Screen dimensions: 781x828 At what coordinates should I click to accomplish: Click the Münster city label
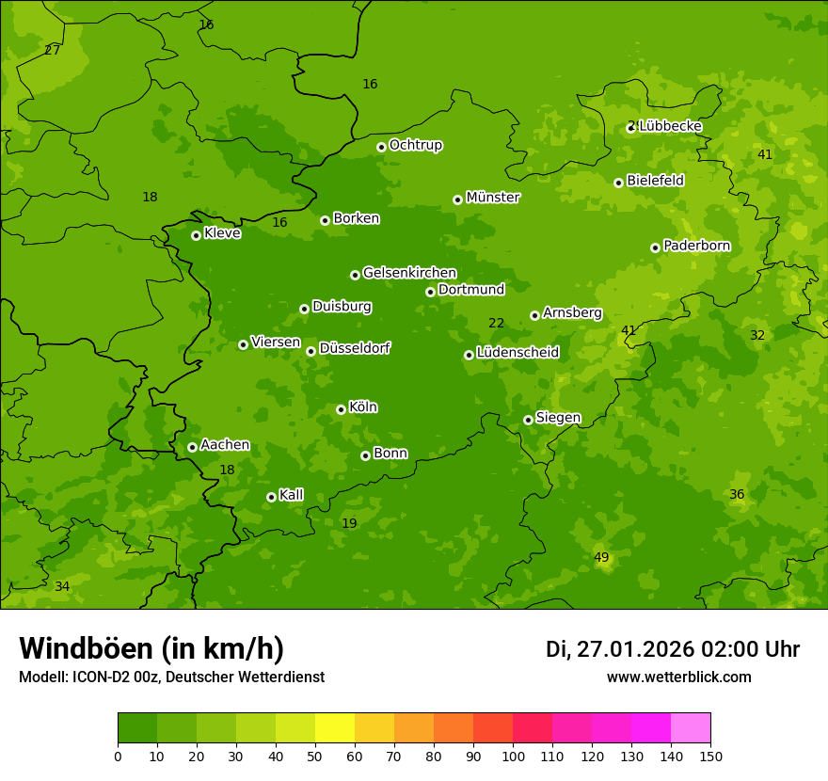pyautogui.click(x=492, y=198)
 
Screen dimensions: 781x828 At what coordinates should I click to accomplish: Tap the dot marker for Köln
pyautogui.click(x=341, y=409)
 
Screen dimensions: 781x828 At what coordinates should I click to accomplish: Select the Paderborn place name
pyautogui.click(x=696, y=246)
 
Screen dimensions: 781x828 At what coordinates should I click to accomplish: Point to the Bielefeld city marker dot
pyautogui.click(x=618, y=183)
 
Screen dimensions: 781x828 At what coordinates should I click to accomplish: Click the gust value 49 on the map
pyautogui.click(x=601, y=558)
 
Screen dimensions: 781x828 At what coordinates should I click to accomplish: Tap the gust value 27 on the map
pyautogui.click(x=52, y=51)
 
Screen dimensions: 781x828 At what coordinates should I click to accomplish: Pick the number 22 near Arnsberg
pyautogui.click(x=496, y=324)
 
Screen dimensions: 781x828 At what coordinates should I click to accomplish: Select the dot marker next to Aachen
pyautogui.click(x=192, y=447)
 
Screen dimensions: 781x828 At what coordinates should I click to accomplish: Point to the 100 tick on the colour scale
pyautogui.click(x=513, y=756)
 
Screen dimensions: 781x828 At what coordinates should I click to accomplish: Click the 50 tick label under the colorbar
pyautogui.click(x=315, y=756)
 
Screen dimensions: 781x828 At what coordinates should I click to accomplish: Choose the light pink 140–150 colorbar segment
pyautogui.click(x=691, y=728)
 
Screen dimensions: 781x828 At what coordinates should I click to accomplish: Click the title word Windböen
pyautogui.click(x=86, y=648)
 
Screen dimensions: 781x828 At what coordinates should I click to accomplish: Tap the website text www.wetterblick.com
pyautogui.click(x=678, y=677)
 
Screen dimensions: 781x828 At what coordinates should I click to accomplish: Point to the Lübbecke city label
pyautogui.click(x=669, y=126)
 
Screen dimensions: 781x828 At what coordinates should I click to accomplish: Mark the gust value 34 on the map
pyautogui.click(x=62, y=587)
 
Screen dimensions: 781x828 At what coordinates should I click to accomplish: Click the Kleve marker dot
pyautogui.click(x=196, y=235)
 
